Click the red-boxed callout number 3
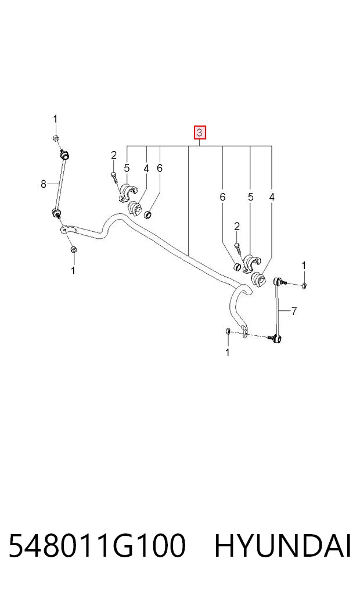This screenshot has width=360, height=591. pos(199,132)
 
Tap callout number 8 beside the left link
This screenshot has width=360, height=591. pos(44,184)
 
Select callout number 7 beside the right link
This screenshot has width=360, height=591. pos(294,311)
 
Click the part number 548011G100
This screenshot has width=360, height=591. pos(97,546)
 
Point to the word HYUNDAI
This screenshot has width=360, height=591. pos(283,546)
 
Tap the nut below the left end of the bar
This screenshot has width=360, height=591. pos(74,249)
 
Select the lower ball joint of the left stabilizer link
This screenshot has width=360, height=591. pos(56,213)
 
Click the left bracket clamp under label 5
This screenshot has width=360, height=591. pos(127,192)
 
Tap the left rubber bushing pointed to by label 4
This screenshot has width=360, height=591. pos(135,209)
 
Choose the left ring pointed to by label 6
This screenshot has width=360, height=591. pos(149,215)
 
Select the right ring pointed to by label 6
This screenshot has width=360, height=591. pos(237,267)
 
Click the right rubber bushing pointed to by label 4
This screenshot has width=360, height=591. pos(258,280)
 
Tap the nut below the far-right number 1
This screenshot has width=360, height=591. pos(304,285)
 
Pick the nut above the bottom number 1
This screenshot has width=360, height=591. pos(228,331)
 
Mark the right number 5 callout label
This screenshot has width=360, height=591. pos(251,197)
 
